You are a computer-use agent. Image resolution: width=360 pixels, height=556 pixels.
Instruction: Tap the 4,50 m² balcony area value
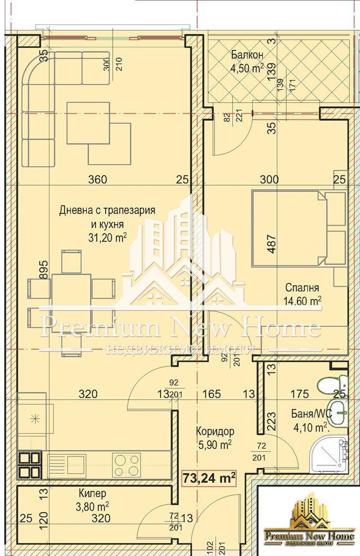(247, 69)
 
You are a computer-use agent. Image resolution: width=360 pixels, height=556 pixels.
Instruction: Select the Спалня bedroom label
(302, 288)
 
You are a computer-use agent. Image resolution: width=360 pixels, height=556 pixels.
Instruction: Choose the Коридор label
(215, 431)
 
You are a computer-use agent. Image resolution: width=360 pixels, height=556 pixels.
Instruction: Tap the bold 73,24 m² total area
(209, 477)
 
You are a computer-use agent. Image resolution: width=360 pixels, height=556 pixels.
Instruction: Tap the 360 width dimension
(98, 179)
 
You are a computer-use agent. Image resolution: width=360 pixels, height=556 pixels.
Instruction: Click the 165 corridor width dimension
(212, 394)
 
